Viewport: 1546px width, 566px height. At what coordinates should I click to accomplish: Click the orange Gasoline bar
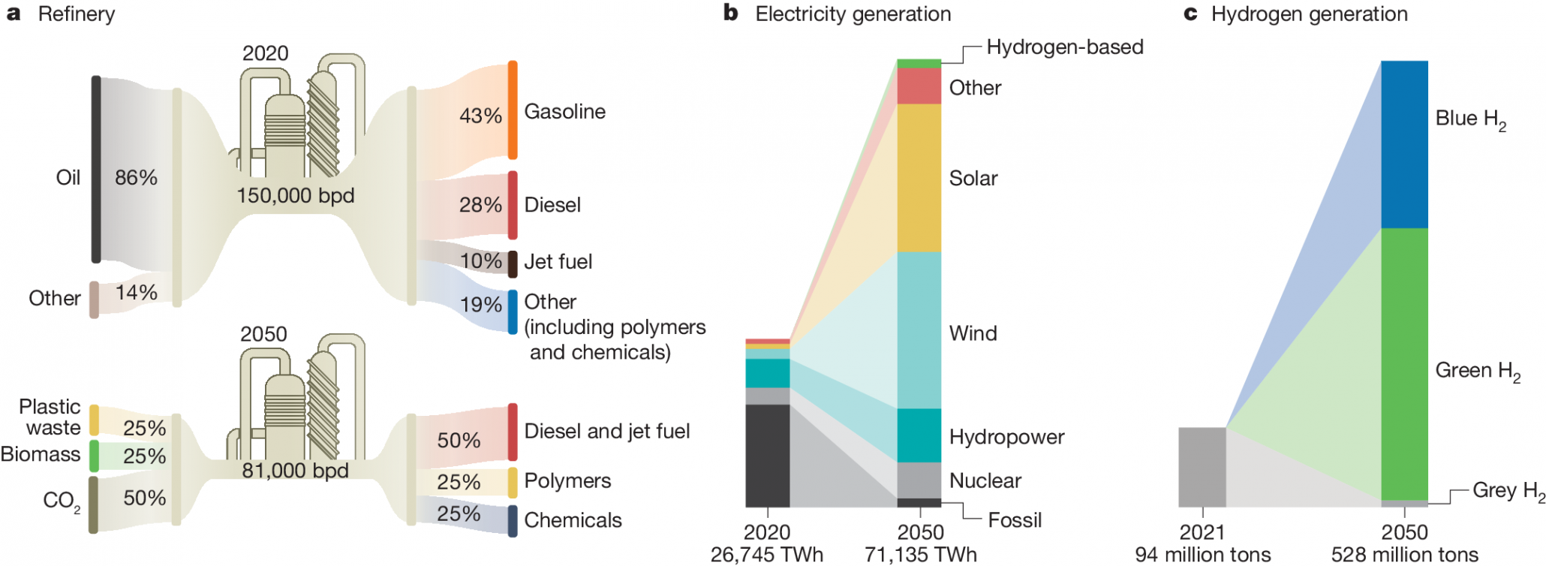[513, 110]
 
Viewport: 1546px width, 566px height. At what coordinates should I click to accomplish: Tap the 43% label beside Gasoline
[480, 116]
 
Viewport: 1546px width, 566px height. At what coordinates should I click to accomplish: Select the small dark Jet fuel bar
[513, 263]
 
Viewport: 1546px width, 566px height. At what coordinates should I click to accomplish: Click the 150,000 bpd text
[295, 195]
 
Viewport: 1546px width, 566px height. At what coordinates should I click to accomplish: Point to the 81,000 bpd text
[295, 471]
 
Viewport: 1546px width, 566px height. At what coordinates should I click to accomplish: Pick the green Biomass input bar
[94, 455]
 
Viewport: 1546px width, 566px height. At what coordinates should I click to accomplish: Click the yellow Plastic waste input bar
[94, 420]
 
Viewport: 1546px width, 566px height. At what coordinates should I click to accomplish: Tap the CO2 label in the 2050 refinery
[61, 501]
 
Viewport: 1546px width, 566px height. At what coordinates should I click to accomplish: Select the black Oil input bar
[96, 169]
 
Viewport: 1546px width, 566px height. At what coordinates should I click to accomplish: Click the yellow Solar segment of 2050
[919, 177]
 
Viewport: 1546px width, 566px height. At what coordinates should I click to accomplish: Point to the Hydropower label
[1006, 437]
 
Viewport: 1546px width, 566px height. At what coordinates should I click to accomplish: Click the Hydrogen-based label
[1064, 47]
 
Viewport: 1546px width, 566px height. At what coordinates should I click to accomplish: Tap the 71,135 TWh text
[920, 555]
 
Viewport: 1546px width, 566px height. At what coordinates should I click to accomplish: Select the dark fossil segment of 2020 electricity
[767, 455]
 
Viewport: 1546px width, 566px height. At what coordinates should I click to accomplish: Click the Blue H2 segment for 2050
[1403, 144]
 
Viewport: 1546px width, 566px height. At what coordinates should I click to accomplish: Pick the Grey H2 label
[1508, 491]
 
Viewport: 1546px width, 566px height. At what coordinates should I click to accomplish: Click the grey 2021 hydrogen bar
[1202, 466]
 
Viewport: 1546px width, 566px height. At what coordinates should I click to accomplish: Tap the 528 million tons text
[1404, 555]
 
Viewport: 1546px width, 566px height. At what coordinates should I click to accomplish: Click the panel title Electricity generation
[853, 14]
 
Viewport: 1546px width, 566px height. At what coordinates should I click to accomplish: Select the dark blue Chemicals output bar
[513, 520]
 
